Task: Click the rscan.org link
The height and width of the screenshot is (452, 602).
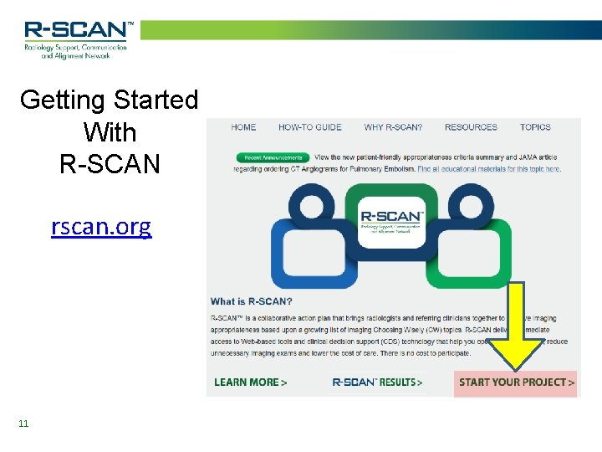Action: click(101, 227)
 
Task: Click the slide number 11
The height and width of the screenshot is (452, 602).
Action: click(23, 424)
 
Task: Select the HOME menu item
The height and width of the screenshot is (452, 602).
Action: click(243, 127)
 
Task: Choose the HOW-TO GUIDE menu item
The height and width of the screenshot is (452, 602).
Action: click(309, 127)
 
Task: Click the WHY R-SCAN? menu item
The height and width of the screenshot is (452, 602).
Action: click(393, 127)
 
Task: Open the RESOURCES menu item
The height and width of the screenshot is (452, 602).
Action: click(471, 127)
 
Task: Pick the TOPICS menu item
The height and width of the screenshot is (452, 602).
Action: click(535, 127)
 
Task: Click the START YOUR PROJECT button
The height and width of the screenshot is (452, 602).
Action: click(516, 383)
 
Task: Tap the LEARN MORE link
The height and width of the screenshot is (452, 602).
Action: click(250, 383)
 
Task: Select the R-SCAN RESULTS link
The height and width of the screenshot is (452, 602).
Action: click(377, 383)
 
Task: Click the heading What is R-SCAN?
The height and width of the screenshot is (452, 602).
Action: click(251, 301)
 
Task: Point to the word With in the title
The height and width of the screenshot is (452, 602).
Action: click(110, 132)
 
